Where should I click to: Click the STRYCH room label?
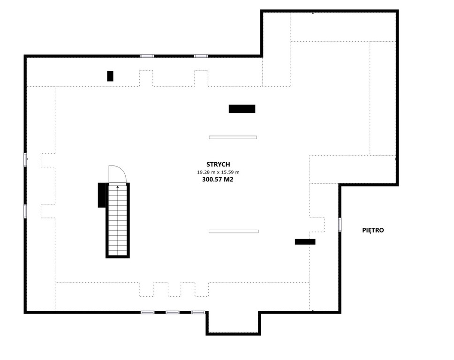coord(218,165)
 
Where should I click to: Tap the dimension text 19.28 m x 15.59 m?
coord(218,172)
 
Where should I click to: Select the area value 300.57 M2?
coord(218,180)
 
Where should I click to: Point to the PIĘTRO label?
coord(373,230)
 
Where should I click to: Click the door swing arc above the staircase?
coord(123,170)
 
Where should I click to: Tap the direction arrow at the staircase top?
coord(118,187)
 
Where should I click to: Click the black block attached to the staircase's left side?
coord(102,195)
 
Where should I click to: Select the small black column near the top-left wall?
coord(110,76)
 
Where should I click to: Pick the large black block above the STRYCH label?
coord(242,109)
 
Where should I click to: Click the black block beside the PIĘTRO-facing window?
coord(305,241)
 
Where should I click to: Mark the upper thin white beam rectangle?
coord(233,137)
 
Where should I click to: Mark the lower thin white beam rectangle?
coord(234,231)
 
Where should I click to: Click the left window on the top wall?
coord(147,56)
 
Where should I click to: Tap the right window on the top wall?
coord(201,56)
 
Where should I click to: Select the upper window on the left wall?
coord(25,160)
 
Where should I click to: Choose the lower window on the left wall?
coord(25,211)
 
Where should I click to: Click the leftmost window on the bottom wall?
coord(147,312)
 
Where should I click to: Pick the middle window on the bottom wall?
coord(172,312)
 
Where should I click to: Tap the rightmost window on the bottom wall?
coord(198,312)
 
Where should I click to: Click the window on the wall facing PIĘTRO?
coord(340,225)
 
